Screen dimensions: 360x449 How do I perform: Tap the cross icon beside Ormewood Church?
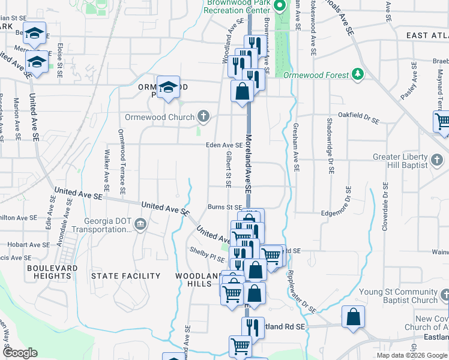[203, 116]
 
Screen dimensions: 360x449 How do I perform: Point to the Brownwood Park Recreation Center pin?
[279, 7]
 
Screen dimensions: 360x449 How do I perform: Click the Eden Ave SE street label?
[224, 145]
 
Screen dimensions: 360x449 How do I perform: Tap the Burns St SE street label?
[224, 207]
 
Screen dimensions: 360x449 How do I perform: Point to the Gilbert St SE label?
[229, 169]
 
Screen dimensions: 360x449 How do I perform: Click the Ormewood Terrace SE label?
[121, 161]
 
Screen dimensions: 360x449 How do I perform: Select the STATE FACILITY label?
[125, 276]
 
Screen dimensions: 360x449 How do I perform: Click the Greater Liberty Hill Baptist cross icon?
[437, 160]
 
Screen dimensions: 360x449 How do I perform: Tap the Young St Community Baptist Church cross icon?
[444, 295]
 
